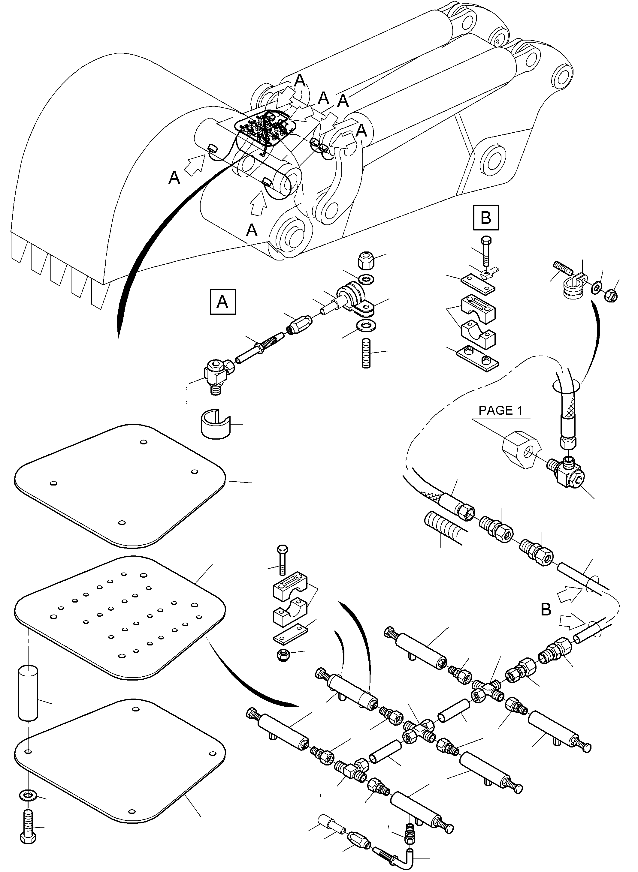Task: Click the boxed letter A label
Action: pyautogui.click(x=222, y=302)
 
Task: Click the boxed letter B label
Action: pyautogui.click(x=486, y=218)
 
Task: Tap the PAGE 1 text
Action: pyautogui.click(x=500, y=410)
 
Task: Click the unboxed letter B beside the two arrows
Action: pyautogui.click(x=546, y=609)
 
